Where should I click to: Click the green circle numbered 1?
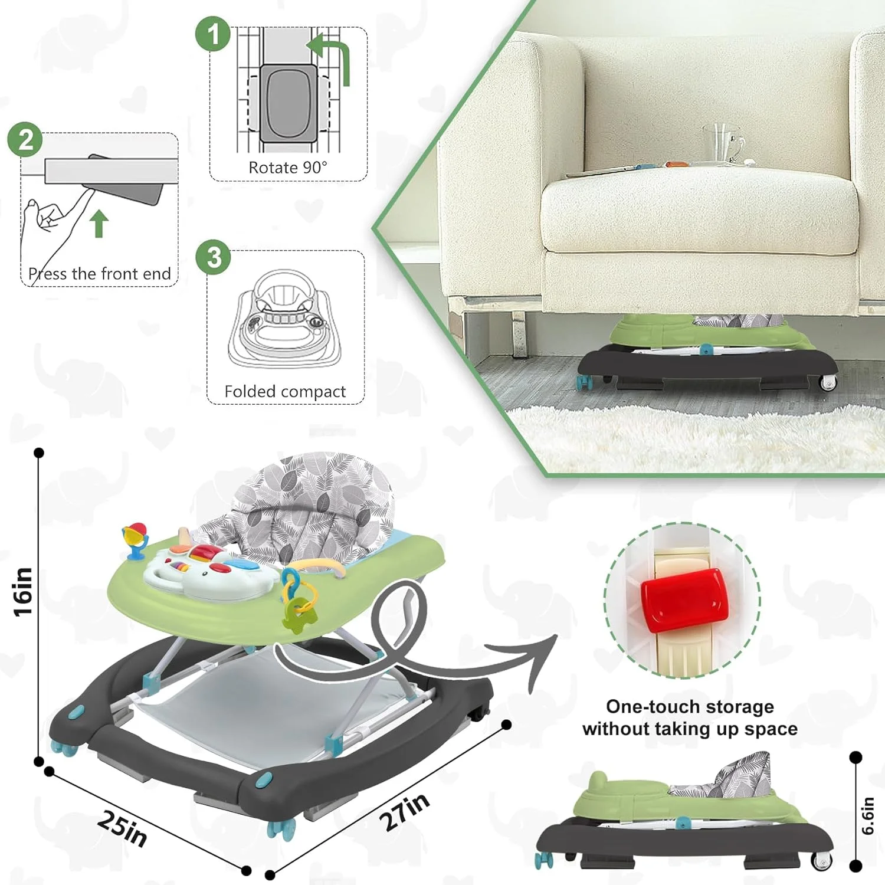(213, 34)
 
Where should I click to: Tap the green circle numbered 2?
(25, 140)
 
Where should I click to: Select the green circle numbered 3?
(214, 257)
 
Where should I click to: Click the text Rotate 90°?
(287, 168)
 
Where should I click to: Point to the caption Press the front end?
(100, 274)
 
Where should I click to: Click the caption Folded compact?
(285, 392)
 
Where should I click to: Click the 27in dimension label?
(404, 811)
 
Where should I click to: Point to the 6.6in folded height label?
(867, 816)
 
